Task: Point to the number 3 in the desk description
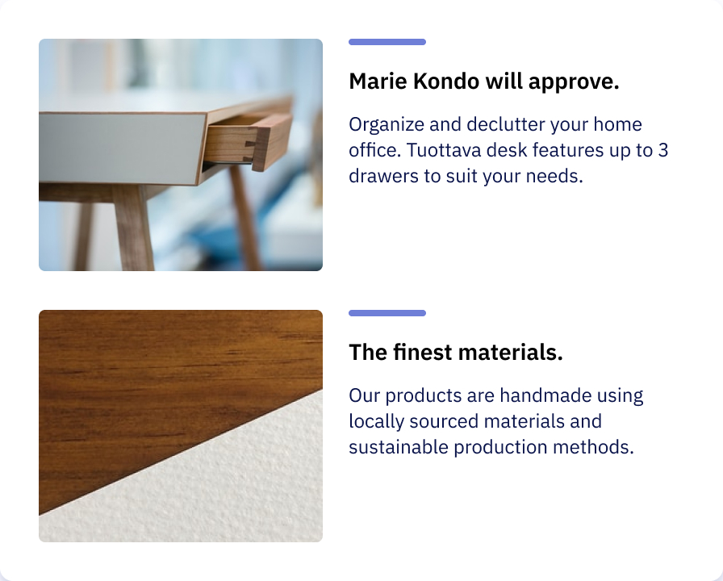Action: pos(662,150)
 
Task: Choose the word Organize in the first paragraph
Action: pos(387,125)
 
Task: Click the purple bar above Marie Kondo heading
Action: pos(387,42)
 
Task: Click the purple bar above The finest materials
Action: pos(387,313)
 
